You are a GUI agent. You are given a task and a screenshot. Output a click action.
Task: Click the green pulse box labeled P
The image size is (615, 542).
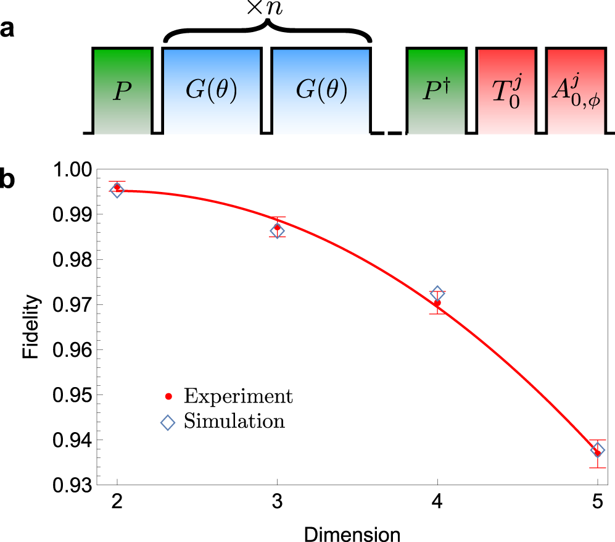tap(122, 90)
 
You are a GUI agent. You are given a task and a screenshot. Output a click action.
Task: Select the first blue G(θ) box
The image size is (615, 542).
tap(212, 90)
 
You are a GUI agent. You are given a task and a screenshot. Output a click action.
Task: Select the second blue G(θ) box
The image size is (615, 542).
tap(321, 90)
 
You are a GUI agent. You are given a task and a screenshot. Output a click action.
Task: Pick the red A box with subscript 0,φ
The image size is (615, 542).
tap(576, 90)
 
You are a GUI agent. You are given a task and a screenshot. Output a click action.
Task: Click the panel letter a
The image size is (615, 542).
tap(8, 30)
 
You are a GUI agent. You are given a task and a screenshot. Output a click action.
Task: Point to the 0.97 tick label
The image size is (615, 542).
tap(73, 305)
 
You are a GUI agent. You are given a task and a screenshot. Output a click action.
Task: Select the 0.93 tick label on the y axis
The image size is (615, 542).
tap(73, 485)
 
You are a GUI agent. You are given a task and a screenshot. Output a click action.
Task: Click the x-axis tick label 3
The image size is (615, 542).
tap(277, 504)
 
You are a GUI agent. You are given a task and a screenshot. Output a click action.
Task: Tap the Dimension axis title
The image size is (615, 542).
tap(357, 531)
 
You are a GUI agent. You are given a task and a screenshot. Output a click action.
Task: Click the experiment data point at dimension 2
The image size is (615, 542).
tap(117, 186)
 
